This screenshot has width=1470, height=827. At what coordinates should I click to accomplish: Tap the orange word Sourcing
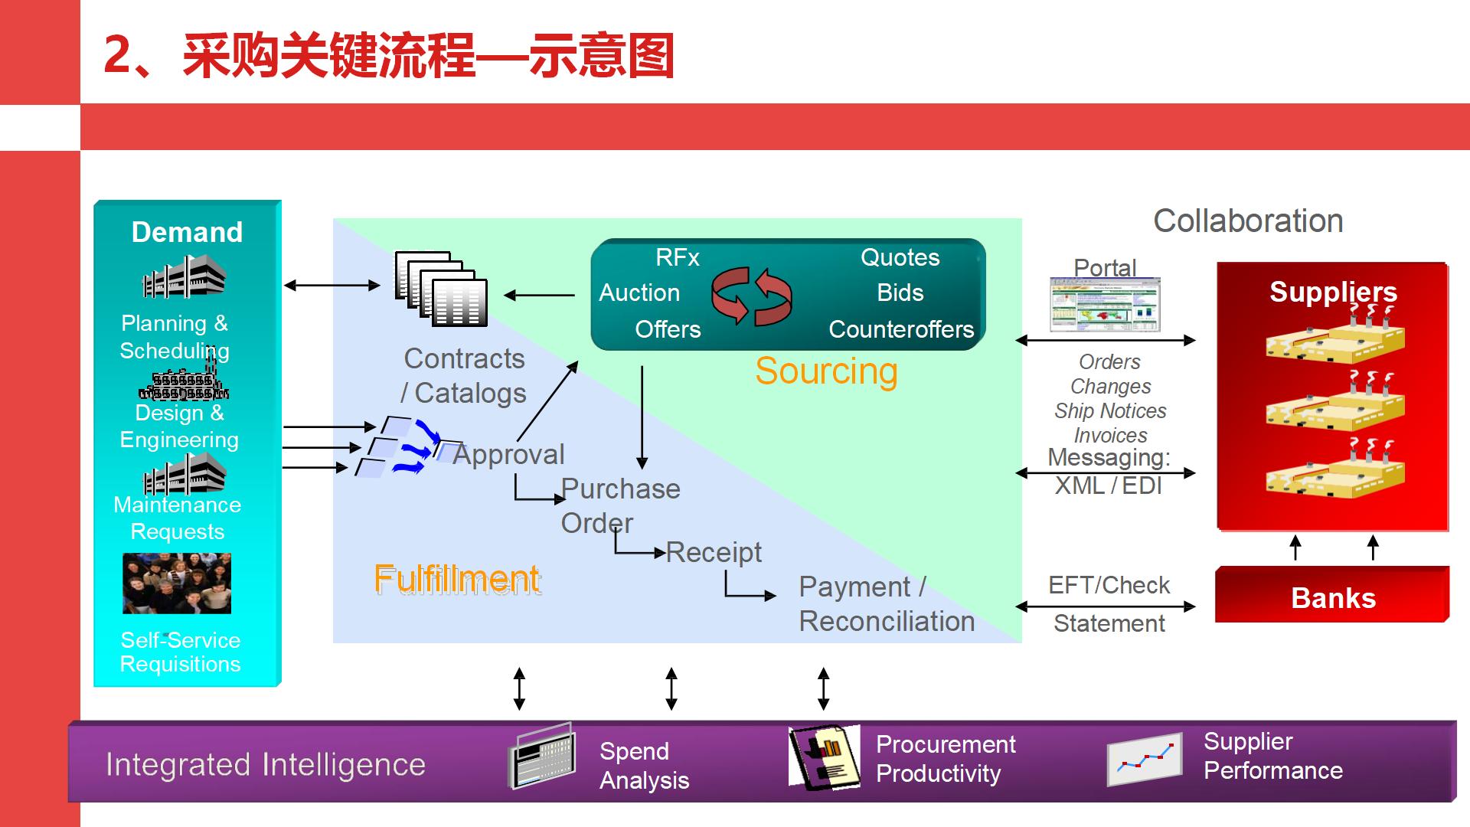point(826,371)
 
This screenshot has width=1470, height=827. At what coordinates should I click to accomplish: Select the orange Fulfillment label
point(457,579)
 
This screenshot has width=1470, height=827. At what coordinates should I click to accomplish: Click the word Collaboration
point(1248,221)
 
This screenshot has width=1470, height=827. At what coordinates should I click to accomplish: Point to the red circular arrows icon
point(751,296)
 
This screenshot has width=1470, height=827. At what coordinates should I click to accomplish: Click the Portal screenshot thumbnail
point(1105,305)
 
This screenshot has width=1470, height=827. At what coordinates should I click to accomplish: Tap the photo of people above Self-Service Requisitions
point(177,583)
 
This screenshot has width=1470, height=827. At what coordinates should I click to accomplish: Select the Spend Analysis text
point(644,765)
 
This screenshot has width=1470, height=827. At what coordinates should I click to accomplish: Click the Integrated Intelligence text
point(265,764)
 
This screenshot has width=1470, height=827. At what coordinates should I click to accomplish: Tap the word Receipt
point(714,552)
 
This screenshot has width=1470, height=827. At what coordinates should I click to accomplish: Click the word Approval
point(508,454)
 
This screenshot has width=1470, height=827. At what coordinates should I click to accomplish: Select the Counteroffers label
point(901,329)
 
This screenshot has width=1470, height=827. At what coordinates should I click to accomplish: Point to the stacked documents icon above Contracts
point(441,289)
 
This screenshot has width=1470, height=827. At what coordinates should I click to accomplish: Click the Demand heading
point(187,232)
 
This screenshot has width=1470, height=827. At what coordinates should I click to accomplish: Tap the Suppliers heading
point(1333,292)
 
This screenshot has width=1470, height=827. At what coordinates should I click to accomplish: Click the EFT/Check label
point(1109,585)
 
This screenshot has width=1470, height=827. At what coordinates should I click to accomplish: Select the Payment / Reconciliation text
point(886,603)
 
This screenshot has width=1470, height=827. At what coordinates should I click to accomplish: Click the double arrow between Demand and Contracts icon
point(332,286)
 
